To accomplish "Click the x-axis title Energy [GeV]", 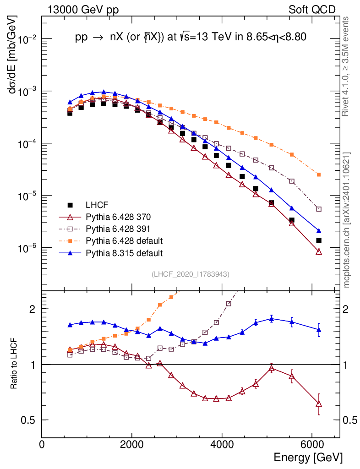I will point(308,457).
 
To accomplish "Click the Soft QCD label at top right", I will point(312,10).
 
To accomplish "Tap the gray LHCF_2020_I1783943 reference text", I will point(191,274).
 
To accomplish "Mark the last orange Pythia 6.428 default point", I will point(319,175).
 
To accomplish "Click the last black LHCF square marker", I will point(319,240).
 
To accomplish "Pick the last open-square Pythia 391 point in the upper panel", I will point(319,209).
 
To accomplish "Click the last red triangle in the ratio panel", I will point(319,404).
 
